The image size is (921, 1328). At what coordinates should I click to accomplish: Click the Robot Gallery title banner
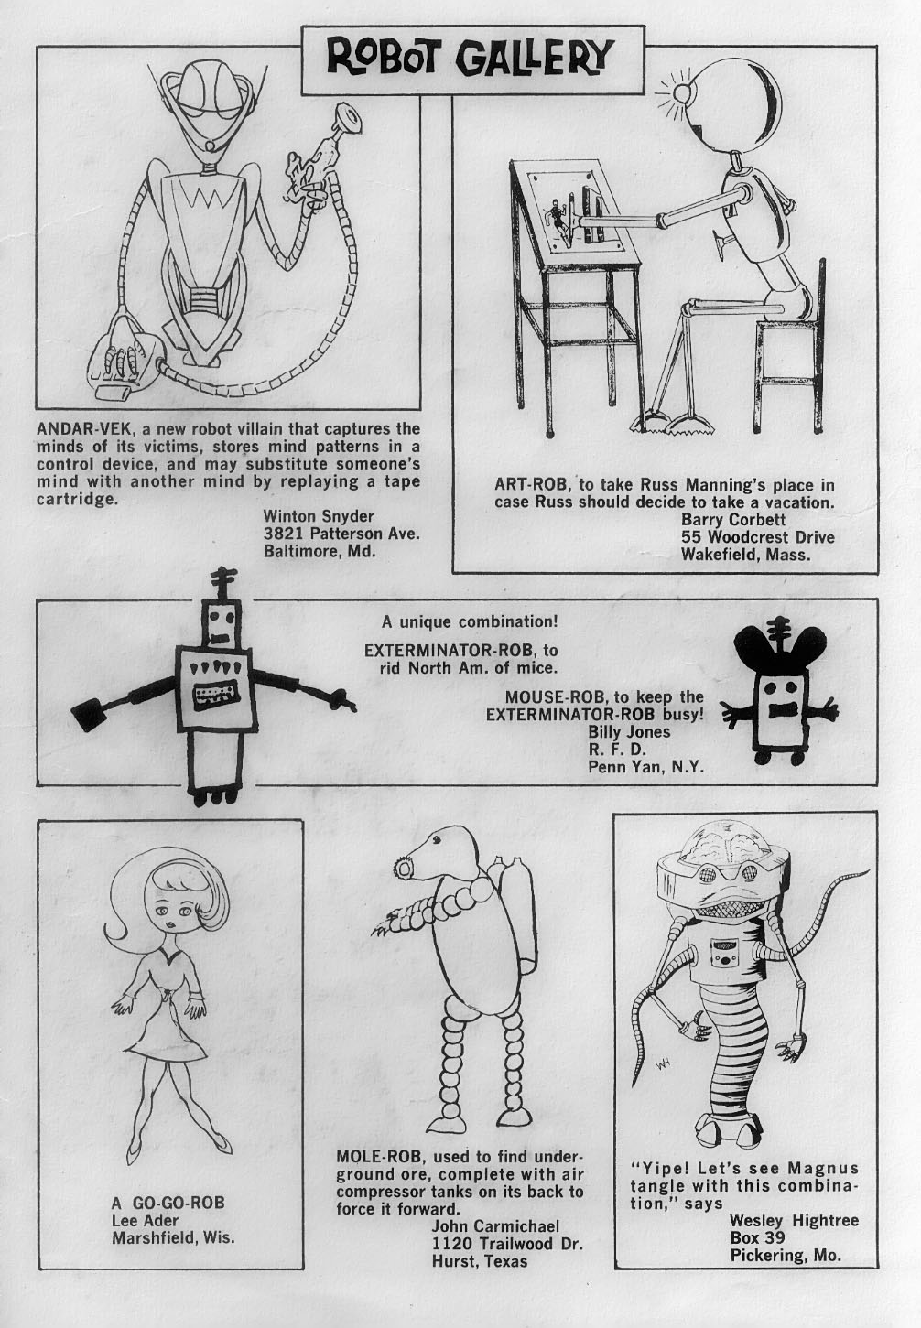(472, 59)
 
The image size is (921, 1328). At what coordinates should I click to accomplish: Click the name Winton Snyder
(319, 515)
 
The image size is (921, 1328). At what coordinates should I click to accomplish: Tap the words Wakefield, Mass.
(745, 556)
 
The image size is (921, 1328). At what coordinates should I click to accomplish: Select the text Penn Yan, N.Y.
(645, 767)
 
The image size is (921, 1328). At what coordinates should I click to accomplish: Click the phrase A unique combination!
(469, 622)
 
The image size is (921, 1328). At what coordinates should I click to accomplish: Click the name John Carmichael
(495, 1225)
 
